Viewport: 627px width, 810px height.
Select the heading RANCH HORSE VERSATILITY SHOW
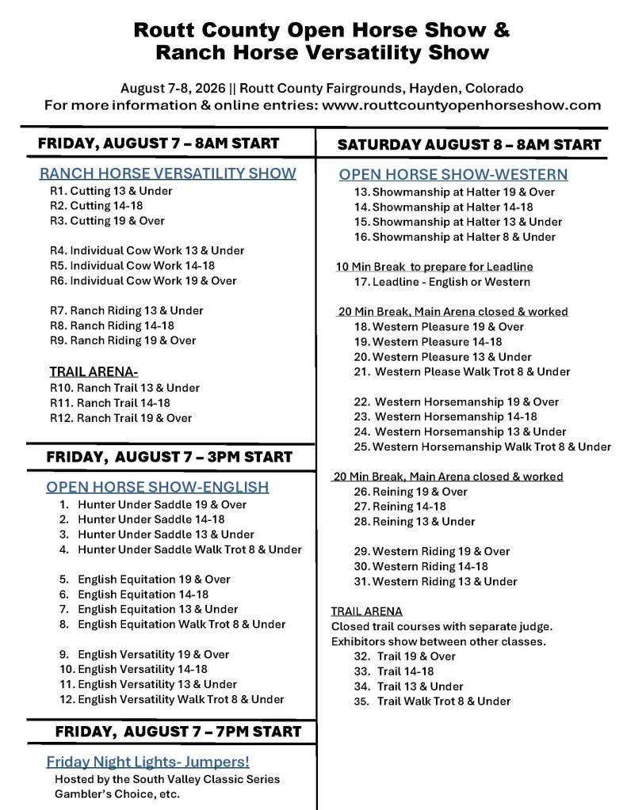168,173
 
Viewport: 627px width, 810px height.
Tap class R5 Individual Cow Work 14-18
132,265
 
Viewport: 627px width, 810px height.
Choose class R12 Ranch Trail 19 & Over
120,417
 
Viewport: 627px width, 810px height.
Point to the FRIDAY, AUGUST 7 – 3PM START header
169,457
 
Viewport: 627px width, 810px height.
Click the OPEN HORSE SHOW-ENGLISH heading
157,486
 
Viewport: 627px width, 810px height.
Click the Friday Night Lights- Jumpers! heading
147,762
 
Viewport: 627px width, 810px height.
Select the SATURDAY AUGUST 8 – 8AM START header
469,145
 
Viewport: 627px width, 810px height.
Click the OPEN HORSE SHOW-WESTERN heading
453,174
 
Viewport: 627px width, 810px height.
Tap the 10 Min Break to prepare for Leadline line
434,267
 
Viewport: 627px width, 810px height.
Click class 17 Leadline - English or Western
442,281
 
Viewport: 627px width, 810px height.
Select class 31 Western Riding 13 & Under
435,581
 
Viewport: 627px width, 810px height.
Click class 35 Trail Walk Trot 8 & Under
432,701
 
